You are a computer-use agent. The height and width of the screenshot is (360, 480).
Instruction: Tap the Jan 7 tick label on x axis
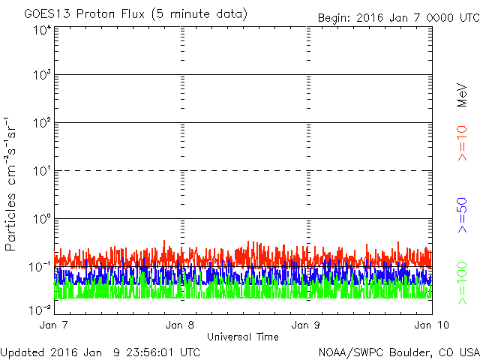click(54, 325)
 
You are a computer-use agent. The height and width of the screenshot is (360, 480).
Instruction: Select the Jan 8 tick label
click(180, 325)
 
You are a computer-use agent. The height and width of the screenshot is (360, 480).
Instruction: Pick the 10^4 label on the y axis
click(41, 30)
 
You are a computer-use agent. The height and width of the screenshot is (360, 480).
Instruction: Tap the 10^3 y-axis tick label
click(41, 76)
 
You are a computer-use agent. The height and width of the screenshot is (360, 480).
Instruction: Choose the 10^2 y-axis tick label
click(41, 123)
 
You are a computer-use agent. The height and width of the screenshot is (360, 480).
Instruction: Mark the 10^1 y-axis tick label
click(41, 171)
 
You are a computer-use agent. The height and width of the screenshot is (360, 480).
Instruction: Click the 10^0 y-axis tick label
click(41, 219)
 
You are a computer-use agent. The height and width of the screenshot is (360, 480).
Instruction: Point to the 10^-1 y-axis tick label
click(40, 267)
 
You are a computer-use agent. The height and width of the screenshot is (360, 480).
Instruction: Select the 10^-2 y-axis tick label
click(40, 308)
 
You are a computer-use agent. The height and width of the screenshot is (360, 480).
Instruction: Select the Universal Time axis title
click(242, 337)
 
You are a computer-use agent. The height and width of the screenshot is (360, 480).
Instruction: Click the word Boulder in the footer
click(405, 352)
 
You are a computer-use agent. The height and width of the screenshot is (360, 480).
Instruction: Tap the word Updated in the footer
click(23, 352)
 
